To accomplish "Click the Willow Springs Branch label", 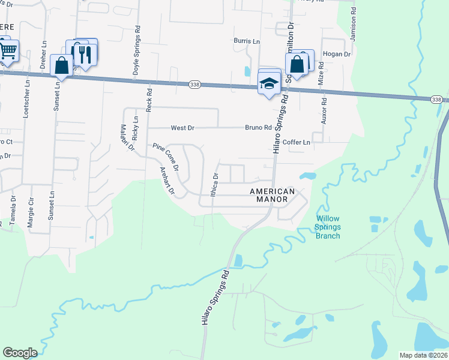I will point(328,227).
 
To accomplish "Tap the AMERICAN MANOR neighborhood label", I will point(272,195).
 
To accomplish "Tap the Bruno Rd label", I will point(258,128).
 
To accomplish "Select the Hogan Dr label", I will point(336,54).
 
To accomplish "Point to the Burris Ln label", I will point(247,41).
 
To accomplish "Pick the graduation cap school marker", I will point(270,83).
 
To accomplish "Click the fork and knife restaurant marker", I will point(85,55).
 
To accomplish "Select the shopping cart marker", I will point(7,52).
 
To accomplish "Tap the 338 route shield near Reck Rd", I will point(194,85).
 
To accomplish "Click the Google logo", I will point(20,353).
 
